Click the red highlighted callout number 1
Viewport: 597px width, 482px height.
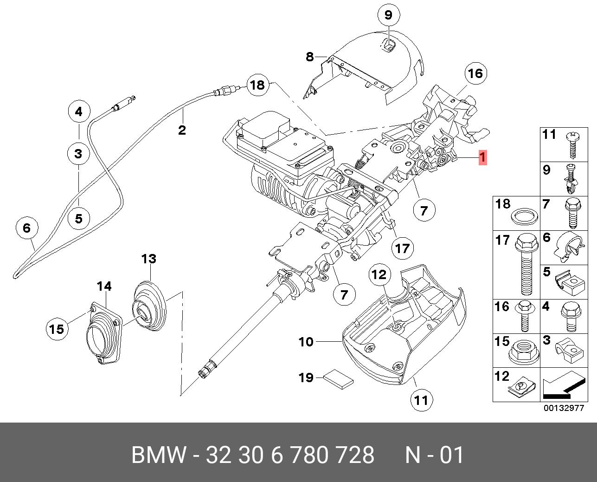482,157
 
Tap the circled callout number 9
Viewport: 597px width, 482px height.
388,15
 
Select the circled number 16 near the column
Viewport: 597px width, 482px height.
475,73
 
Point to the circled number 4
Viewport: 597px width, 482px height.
78,111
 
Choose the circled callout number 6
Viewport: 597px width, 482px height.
26,228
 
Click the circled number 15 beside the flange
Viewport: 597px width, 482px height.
57,329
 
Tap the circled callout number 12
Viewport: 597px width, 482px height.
379,275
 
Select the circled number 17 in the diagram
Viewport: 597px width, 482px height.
402,248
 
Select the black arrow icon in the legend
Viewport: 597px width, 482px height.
563,387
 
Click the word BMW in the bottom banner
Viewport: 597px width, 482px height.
159,455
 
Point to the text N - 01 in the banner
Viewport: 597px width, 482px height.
434,455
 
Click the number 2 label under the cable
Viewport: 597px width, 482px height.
181,130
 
